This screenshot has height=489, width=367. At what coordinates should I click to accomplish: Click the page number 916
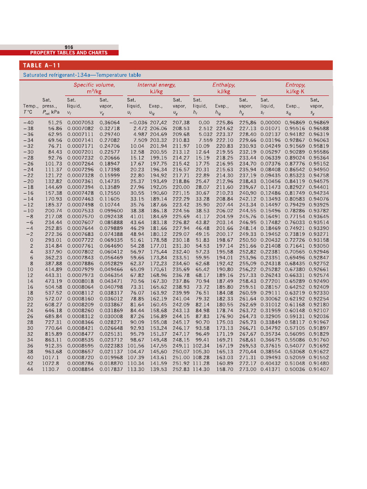[x=68, y=47]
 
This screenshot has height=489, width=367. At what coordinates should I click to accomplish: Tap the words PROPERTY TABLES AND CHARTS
[x=69, y=53]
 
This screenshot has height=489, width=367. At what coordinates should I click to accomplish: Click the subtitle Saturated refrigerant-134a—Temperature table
[x=82, y=75]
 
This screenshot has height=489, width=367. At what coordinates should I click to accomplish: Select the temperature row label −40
[x=28, y=123]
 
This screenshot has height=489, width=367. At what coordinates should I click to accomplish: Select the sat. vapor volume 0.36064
[x=109, y=123]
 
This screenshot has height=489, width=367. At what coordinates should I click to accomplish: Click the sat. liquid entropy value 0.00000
[x=270, y=123]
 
